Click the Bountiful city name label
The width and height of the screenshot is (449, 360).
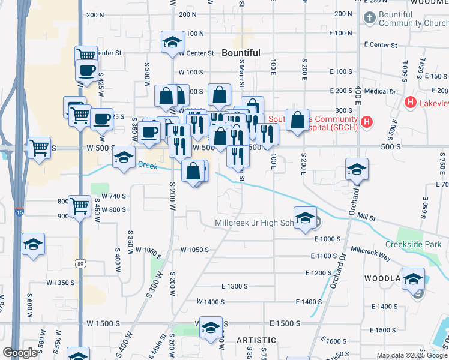[x=241, y=53]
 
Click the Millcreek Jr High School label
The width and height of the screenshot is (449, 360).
[x=253, y=223]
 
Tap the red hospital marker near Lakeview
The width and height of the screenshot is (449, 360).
[x=411, y=103]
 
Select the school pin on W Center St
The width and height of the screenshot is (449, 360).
[x=172, y=43]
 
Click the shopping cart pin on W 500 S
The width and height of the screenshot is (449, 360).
[x=39, y=147]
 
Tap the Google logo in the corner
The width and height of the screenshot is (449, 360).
[x=20, y=353]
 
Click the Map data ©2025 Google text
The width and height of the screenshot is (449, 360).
[x=412, y=355]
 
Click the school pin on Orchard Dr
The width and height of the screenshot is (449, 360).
[x=357, y=170]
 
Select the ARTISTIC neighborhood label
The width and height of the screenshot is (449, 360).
[x=256, y=340]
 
